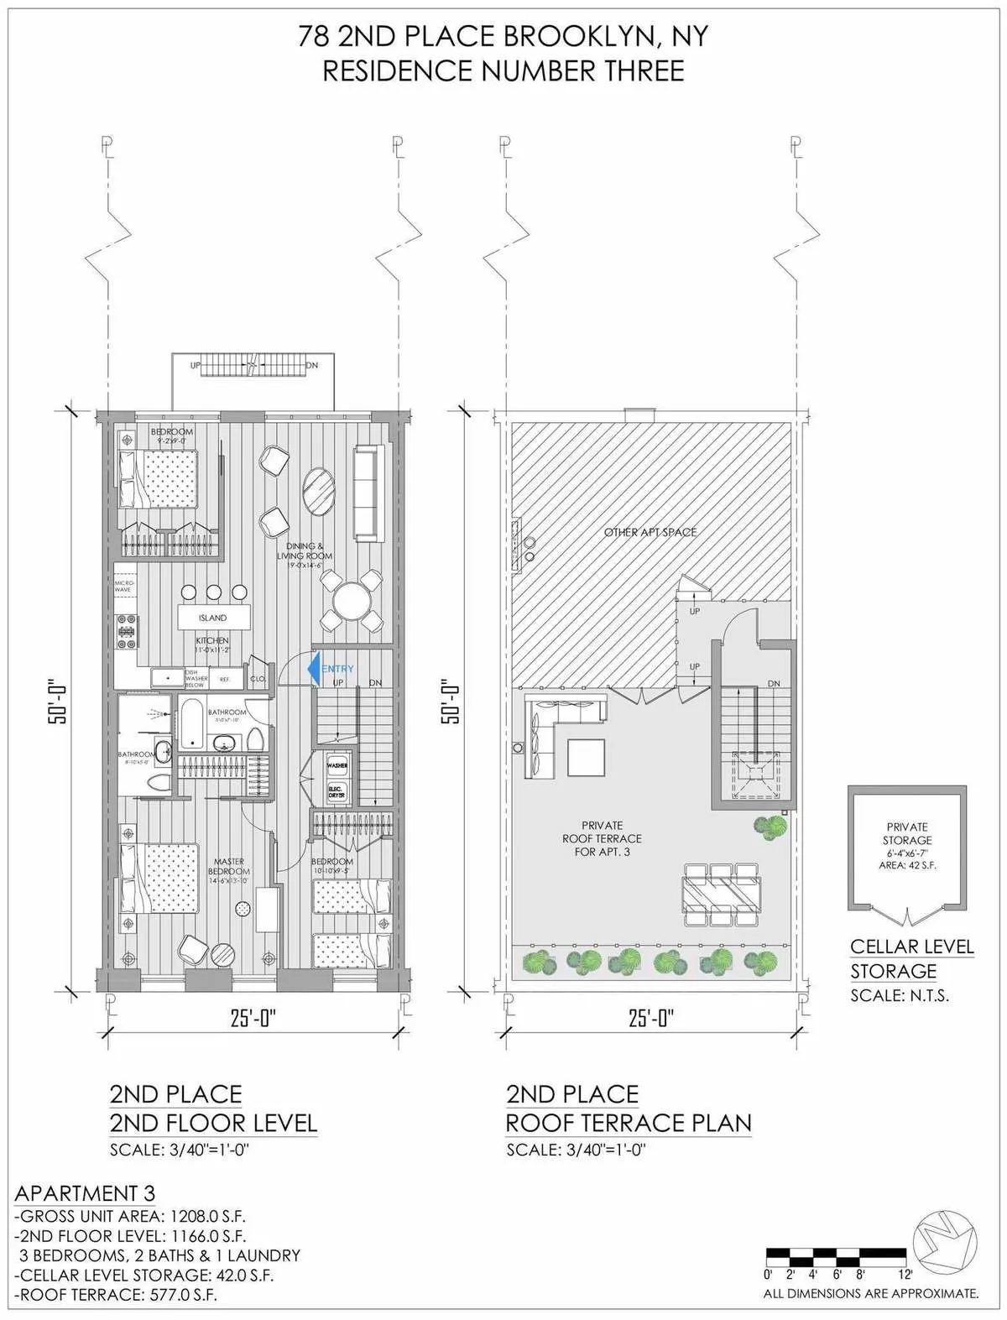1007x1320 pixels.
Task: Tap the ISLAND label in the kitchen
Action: tap(212, 618)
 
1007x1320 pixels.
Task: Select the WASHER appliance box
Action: tap(337, 766)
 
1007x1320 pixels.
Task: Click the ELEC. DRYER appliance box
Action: tap(337, 792)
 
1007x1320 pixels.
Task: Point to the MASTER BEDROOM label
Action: tap(228, 867)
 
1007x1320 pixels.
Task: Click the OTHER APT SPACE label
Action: tap(650, 532)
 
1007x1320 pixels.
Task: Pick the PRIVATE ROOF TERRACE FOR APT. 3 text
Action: tap(602, 838)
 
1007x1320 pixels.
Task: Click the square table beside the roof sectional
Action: tap(585, 757)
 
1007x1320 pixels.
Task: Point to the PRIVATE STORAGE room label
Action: tap(906, 833)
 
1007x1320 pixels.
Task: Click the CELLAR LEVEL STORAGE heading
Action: tap(911, 958)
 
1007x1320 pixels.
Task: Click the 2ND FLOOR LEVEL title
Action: tap(213, 1123)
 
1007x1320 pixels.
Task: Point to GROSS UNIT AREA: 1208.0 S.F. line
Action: tap(130, 1216)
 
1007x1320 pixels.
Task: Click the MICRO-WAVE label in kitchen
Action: tap(123, 585)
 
